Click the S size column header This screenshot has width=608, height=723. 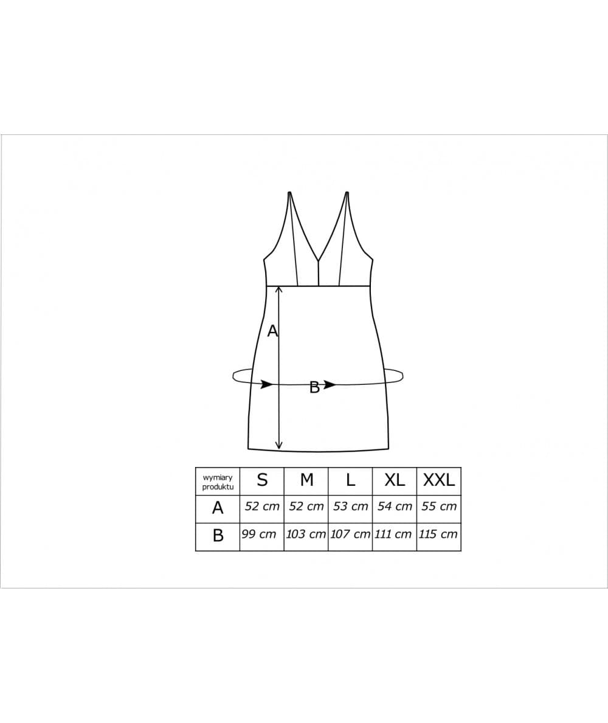point(262,480)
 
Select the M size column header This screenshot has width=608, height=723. point(306,480)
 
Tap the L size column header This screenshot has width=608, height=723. point(350,480)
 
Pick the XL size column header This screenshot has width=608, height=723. point(395,480)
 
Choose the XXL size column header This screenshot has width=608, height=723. point(439,480)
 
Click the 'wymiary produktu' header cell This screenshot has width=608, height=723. point(218,482)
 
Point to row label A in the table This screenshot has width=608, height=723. point(218,508)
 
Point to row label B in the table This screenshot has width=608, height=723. point(218,536)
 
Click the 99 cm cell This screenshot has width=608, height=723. point(259,534)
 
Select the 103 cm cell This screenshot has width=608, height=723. point(306,534)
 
